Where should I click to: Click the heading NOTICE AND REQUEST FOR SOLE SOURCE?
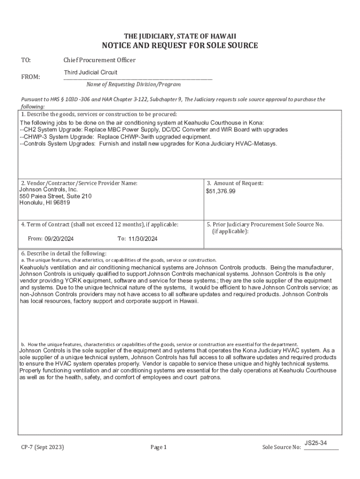pyautogui.click(x=180, y=45)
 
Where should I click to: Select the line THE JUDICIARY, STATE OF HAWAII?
pyautogui.click(x=180, y=36)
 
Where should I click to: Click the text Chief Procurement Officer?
pyautogui.click(x=100, y=60)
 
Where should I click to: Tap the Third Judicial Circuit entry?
pyautogui.click(x=91, y=73)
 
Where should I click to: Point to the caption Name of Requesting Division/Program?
pyautogui.click(x=133, y=85)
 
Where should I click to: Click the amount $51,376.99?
pyautogui.click(x=221, y=191)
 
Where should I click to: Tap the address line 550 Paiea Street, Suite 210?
pyautogui.click(x=56, y=196)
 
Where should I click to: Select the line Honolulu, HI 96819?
pyautogui.click(x=45, y=203)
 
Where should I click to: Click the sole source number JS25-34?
pyautogui.click(x=316, y=443)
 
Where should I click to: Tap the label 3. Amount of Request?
pyautogui.click(x=235, y=183)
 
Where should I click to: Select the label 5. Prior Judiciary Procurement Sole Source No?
pyautogui.click(x=265, y=225)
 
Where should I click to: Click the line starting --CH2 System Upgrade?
pyautogui.click(x=154, y=130)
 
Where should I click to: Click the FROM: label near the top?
pyautogui.click(x=31, y=77)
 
